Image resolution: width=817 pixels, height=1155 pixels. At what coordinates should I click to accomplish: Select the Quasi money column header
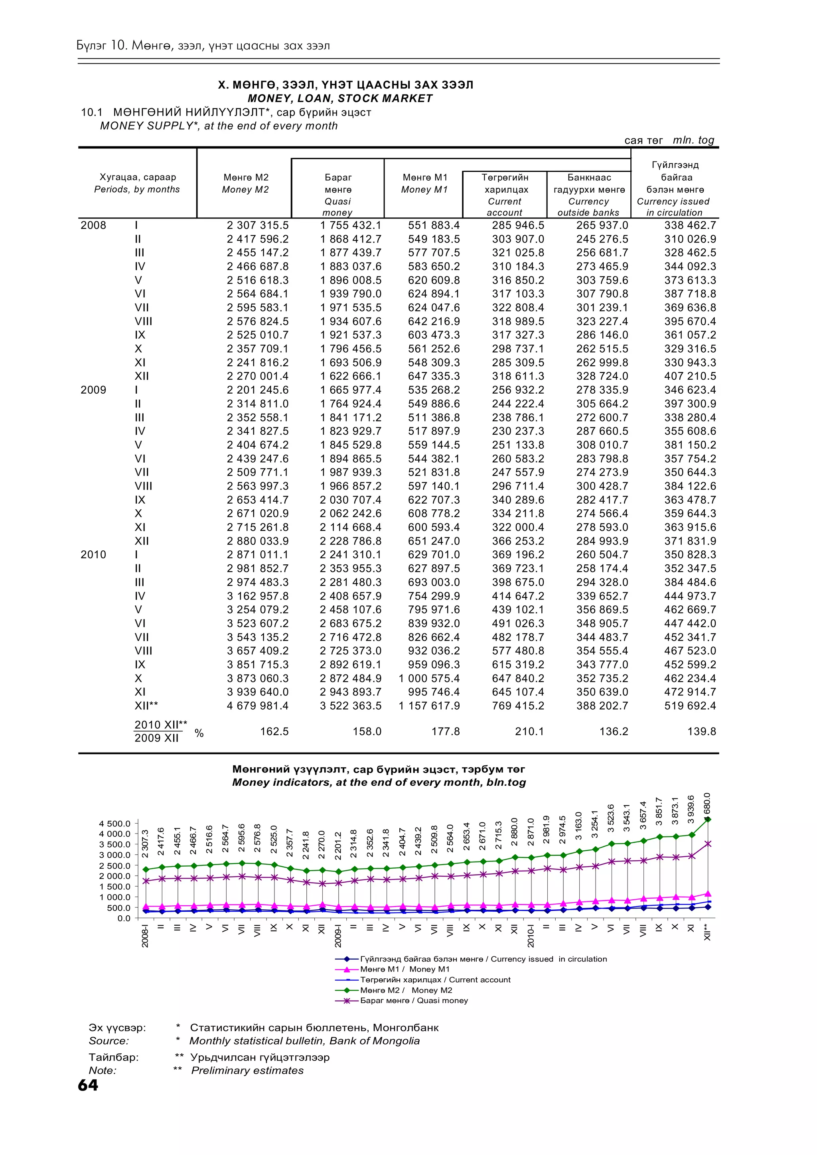[337, 195]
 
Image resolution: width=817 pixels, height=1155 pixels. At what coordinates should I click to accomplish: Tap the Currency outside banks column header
[588, 195]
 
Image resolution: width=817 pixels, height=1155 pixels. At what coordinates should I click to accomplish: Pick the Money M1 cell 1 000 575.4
[429, 678]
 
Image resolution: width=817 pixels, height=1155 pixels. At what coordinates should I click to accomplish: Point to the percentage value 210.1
[529, 731]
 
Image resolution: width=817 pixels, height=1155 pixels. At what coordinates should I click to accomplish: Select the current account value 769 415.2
[518, 706]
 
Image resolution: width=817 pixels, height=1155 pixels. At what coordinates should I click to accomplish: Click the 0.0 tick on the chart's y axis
[124, 918]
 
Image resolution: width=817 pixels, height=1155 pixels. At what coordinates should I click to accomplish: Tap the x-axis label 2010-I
[530, 936]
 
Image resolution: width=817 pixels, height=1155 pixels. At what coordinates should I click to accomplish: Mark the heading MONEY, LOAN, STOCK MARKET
[340, 99]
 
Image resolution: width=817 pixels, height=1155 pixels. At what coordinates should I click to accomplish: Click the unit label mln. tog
[693, 140]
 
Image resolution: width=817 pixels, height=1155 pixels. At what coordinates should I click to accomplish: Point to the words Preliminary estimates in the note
[247, 1070]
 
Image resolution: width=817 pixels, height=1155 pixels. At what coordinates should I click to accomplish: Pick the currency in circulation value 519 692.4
[690, 706]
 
